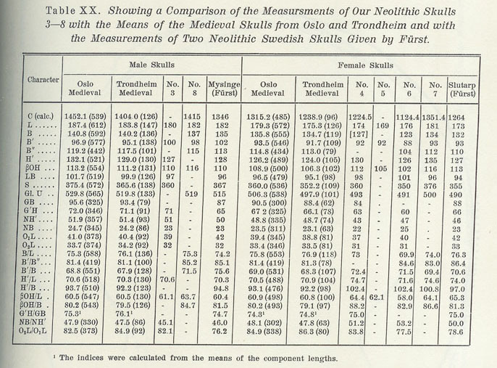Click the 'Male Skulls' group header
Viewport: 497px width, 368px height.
tap(147, 65)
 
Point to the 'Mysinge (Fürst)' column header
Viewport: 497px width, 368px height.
tap(225, 92)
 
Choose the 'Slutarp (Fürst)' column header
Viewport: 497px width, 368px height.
tap(477, 92)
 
